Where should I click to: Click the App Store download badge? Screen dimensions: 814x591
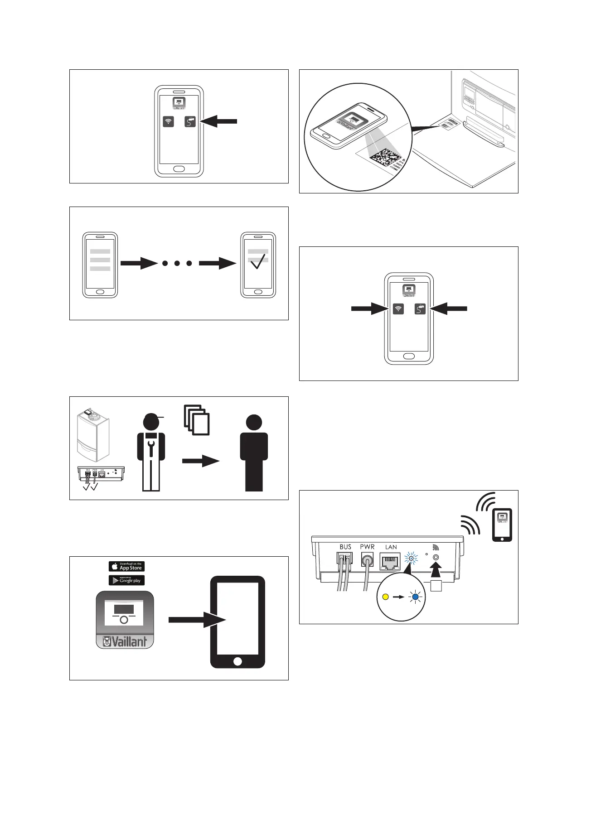click(x=126, y=566)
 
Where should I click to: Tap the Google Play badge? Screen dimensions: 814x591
click(x=126, y=580)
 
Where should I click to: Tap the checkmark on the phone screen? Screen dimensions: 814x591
click(x=257, y=261)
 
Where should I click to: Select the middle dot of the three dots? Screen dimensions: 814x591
click(x=177, y=263)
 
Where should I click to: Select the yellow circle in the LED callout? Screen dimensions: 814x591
click(x=386, y=597)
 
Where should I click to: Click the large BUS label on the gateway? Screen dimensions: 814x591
click(x=345, y=547)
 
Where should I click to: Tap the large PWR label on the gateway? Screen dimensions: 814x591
click(x=367, y=547)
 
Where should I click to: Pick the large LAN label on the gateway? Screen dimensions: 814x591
click(x=391, y=547)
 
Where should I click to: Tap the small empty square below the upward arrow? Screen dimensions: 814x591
click(x=436, y=586)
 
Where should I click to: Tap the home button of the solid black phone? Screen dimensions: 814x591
click(x=237, y=661)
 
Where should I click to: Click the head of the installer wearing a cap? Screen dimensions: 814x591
click(x=151, y=422)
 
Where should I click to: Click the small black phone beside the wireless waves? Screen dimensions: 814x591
click(x=502, y=525)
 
